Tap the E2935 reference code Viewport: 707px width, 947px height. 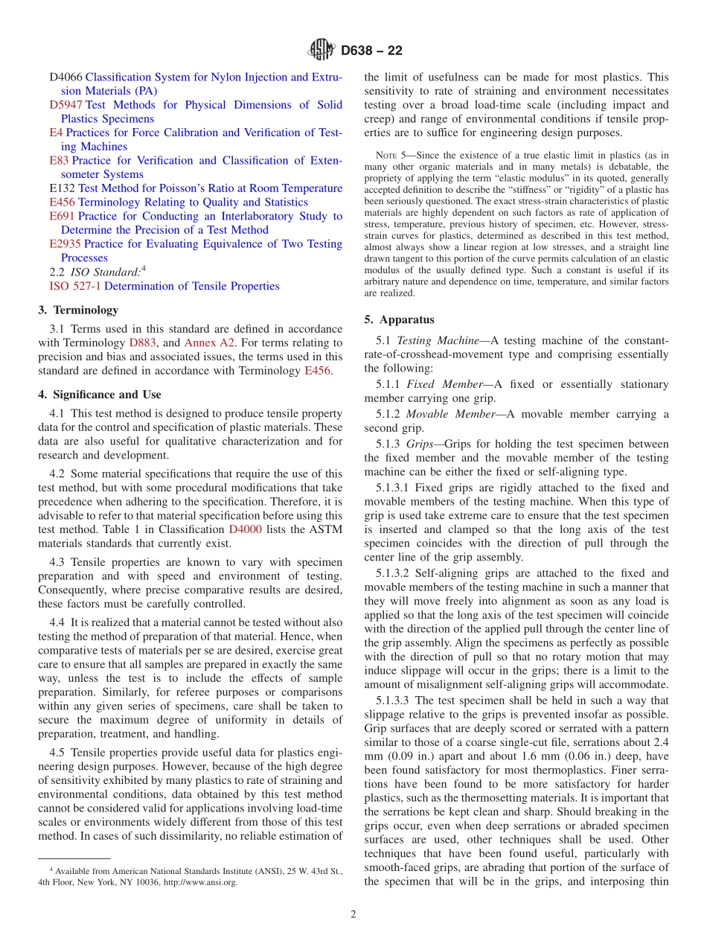tap(65, 244)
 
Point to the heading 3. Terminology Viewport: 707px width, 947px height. tap(78, 310)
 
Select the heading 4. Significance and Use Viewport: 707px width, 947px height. tap(100, 395)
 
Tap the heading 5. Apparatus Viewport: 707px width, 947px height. tap(399, 320)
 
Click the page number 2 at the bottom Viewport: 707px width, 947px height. tap(353, 914)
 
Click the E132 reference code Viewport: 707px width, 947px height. tap(62, 188)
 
